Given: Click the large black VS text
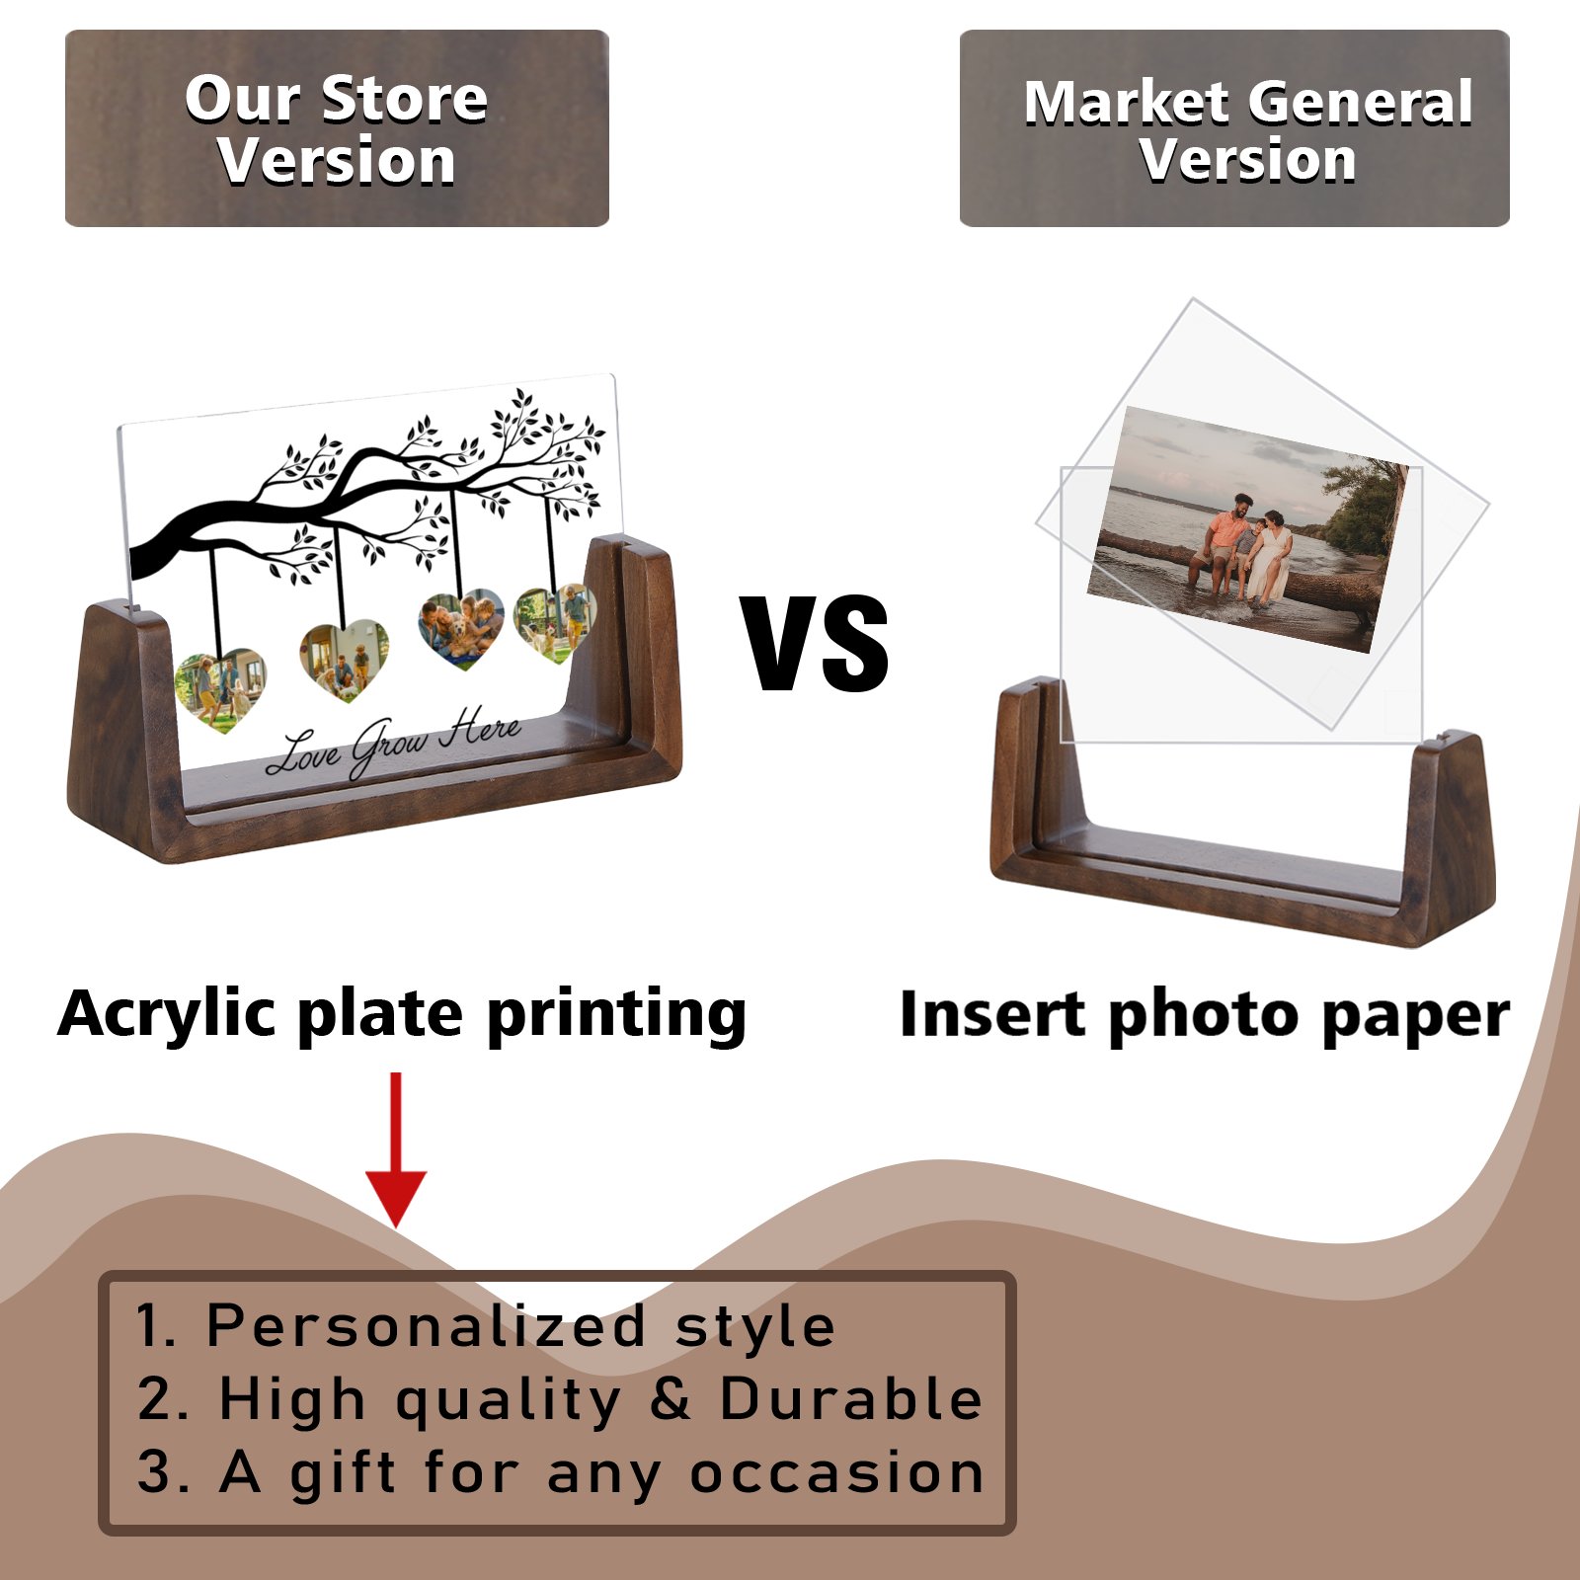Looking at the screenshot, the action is point(816,643).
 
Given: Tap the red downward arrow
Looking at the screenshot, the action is point(396,1149).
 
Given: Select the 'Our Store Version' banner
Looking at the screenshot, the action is point(337,128).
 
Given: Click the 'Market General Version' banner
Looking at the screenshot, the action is point(1234,128).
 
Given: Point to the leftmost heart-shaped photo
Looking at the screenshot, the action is point(220,689).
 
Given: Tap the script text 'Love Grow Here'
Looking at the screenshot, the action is point(393,743).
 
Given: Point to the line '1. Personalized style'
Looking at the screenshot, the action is point(486,1325).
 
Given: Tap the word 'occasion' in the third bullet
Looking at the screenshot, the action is point(836,1472).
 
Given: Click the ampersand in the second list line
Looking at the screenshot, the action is point(671,1399).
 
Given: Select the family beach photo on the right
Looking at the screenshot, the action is point(1248,529).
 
